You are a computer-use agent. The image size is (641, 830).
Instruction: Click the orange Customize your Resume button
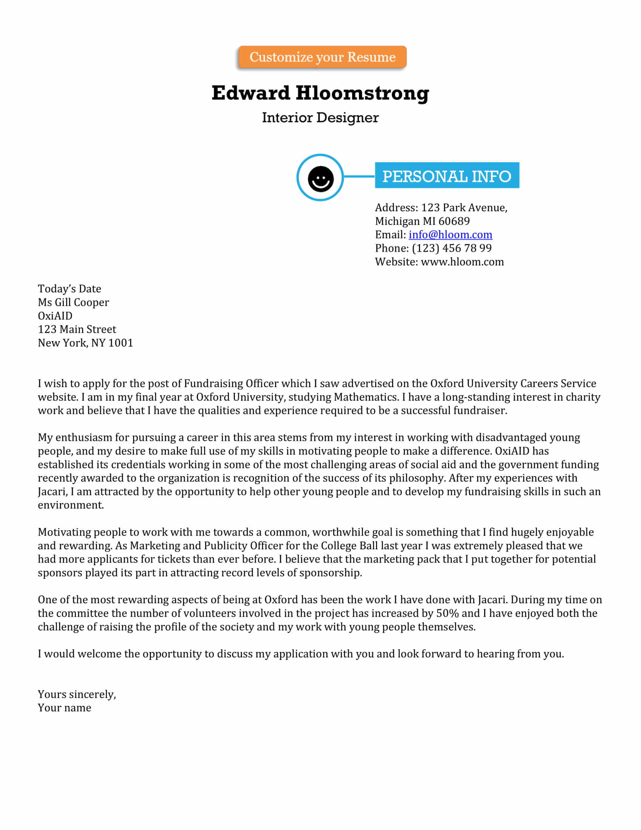(322, 57)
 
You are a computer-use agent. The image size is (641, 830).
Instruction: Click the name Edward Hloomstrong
(320, 93)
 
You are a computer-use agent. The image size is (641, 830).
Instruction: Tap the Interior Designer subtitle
(320, 118)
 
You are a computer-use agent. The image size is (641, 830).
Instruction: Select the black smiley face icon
(320, 178)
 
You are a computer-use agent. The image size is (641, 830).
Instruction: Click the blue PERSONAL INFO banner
(446, 175)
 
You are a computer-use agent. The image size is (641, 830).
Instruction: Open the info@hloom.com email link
(450, 235)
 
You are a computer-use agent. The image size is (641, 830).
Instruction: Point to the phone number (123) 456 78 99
(451, 248)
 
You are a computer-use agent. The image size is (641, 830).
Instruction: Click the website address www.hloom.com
(462, 262)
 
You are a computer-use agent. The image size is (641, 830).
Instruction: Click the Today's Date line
(69, 289)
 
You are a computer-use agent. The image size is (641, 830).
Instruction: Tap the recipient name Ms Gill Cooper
(73, 303)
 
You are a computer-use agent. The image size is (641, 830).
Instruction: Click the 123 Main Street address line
(77, 329)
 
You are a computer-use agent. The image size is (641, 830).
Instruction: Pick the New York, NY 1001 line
(86, 343)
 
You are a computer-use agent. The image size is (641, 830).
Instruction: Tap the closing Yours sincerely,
(77, 694)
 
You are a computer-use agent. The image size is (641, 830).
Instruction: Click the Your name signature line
(64, 708)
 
